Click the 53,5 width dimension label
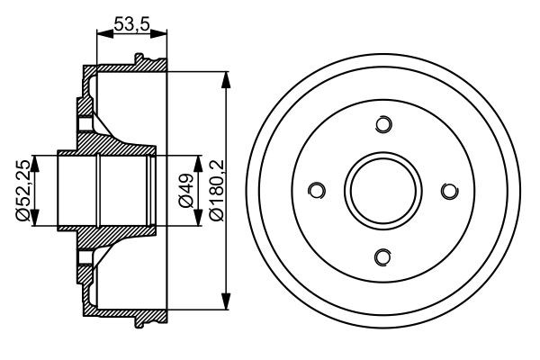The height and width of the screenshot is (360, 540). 131,25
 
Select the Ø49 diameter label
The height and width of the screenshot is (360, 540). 184,191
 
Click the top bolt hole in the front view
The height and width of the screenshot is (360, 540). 382,124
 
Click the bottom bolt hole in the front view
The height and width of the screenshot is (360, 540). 382,257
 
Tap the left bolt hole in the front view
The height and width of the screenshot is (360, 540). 316,190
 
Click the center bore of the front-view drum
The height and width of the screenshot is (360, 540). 382,191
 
